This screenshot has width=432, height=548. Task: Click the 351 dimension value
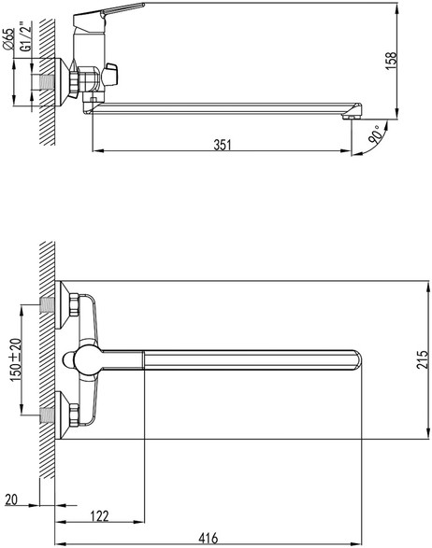223,145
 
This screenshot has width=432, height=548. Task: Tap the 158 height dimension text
391,61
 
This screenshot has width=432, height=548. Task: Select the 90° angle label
375,134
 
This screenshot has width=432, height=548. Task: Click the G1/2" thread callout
25,36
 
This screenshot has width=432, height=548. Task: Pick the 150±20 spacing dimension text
16,360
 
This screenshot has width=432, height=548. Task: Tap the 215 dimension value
423,359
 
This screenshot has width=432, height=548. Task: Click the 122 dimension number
100,516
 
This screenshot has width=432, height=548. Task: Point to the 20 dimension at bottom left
11,499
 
